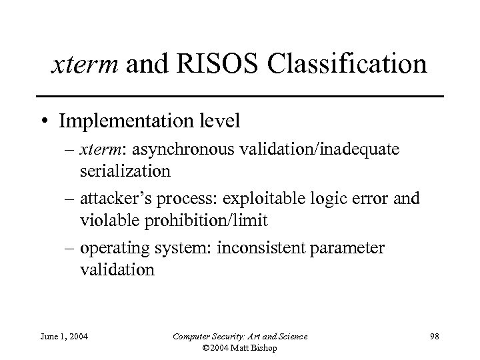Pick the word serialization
click(x=125, y=171)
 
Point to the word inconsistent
click(x=251, y=249)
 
